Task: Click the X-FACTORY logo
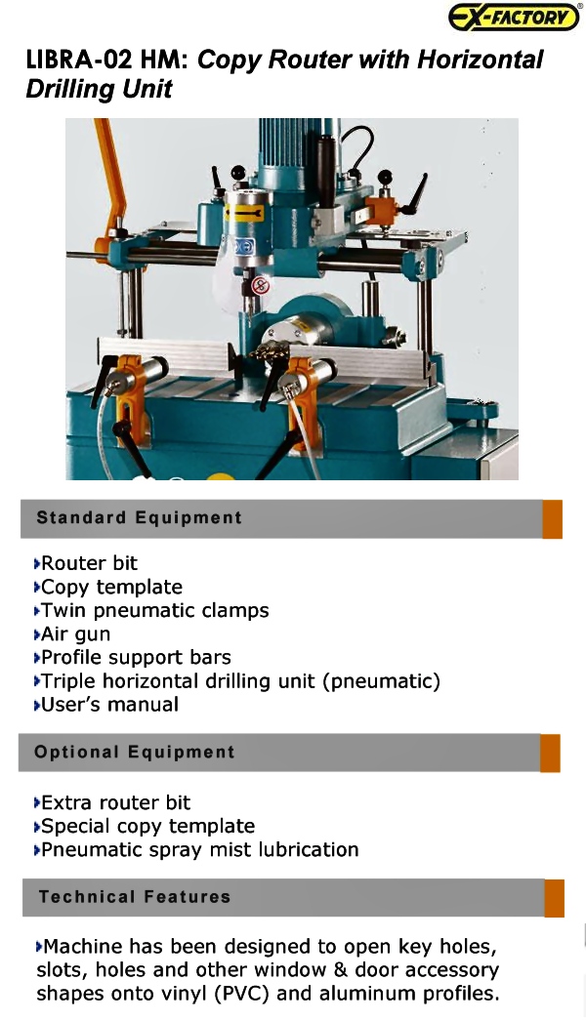point(514,17)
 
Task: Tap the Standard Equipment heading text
point(139,517)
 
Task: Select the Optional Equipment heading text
point(134,752)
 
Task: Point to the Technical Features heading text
point(134,897)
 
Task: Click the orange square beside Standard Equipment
point(552,519)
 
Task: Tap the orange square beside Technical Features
point(554,898)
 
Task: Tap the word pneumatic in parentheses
point(382,681)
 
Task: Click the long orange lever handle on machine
point(110,183)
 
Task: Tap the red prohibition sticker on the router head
point(260,285)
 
